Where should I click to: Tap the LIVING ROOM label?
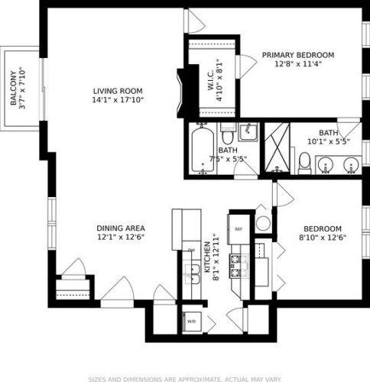tap(118, 89)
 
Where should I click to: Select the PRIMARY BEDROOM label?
tap(298, 55)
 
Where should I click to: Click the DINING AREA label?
tap(121, 228)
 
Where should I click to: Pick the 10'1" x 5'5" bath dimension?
tap(328, 141)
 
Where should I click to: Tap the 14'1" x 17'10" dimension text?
tap(118, 99)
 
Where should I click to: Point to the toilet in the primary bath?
tap(304, 162)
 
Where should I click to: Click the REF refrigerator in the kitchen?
tap(238, 228)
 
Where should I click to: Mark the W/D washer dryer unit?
tap(191, 321)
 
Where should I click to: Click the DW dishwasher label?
tap(191, 251)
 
